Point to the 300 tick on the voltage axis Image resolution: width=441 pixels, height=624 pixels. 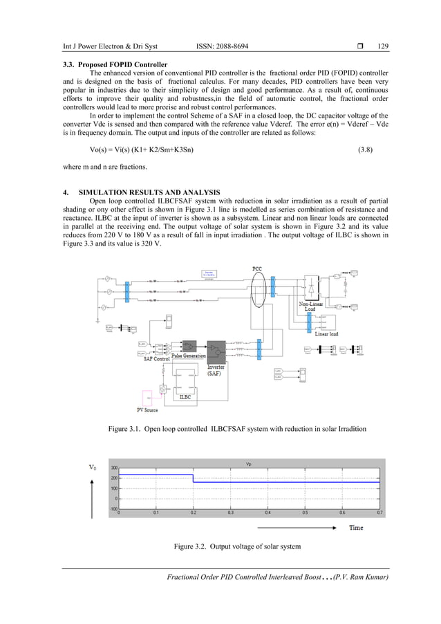(113, 468)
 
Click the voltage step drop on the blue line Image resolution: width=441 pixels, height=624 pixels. (193, 477)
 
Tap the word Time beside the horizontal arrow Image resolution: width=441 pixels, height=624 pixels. (355, 527)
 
